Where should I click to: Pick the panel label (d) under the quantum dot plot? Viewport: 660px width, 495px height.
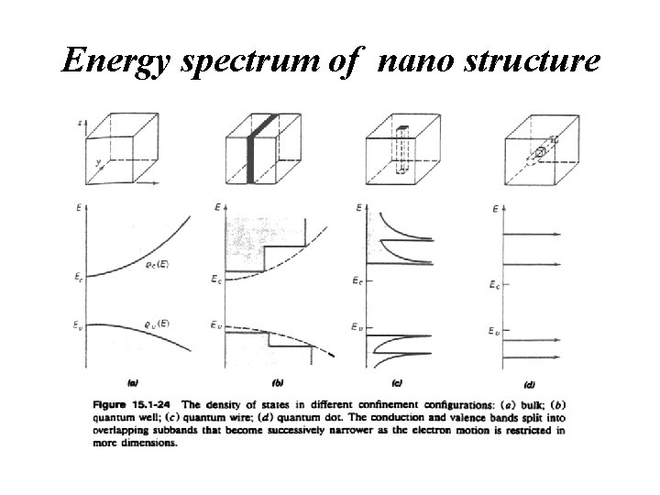(529, 383)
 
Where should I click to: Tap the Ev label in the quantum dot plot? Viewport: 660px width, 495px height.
(493, 328)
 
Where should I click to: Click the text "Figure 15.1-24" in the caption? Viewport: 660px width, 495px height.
(132, 404)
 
